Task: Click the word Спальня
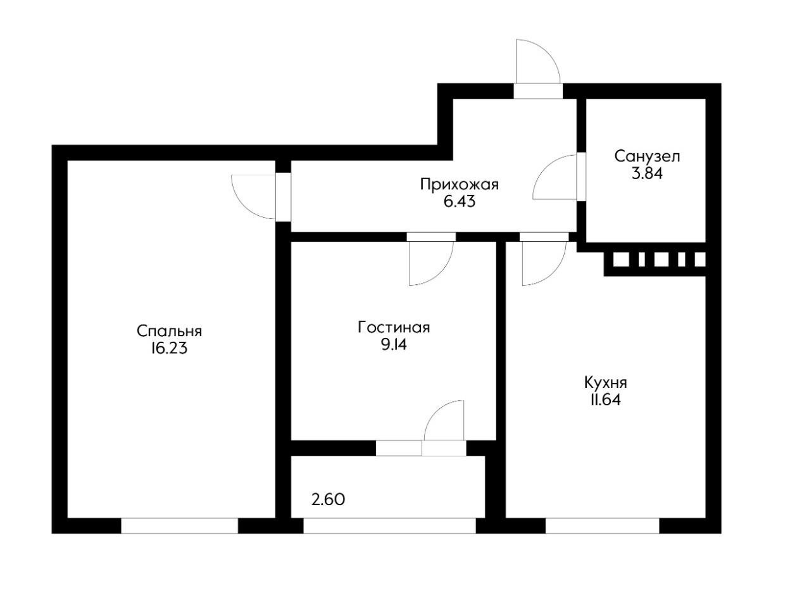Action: tap(170, 331)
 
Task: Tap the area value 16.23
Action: tap(170, 348)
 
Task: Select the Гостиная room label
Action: tap(394, 328)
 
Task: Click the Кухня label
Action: tap(606, 383)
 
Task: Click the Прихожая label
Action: tap(460, 185)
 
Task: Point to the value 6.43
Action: tap(460, 202)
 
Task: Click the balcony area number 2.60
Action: tap(329, 499)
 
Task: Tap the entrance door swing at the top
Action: tap(537, 61)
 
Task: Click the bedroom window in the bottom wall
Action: tap(179, 525)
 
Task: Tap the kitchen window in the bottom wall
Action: tap(602, 525)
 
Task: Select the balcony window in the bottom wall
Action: tap(389, 525)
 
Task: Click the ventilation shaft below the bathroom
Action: tap(659, 260)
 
